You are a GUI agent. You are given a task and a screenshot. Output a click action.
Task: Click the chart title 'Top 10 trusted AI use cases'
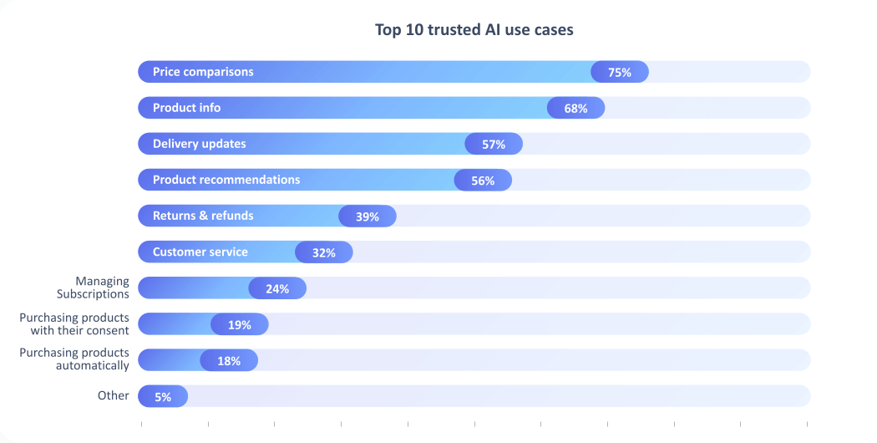[474, 30]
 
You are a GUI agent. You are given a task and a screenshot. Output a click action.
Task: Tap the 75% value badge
[620, 72]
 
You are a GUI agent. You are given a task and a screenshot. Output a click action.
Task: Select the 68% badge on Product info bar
[576, 108]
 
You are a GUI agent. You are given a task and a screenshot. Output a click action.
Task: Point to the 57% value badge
[494, 144]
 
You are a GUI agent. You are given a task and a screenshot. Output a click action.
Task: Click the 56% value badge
[483, 180]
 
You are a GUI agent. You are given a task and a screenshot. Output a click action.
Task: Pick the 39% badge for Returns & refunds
[368, 216]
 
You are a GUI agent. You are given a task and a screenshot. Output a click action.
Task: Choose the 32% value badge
[324, 252]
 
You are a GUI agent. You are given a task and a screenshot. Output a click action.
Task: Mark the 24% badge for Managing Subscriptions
[277, 288]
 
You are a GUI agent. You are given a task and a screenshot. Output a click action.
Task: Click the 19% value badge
[240, 324]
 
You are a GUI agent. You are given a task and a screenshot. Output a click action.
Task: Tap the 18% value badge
[229, 360]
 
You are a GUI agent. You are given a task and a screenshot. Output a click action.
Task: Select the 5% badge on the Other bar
[163, 396]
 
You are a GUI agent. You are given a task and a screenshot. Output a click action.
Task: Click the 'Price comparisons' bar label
[203, 72]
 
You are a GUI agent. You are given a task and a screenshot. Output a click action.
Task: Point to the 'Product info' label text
[187, 108]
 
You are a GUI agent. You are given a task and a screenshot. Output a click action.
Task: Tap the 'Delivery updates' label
[200, 144]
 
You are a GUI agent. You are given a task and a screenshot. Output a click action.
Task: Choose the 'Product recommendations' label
[226, 180]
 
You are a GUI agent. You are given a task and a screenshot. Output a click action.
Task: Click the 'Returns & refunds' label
[203, 216]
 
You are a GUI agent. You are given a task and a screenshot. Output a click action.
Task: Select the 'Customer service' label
[200, 252]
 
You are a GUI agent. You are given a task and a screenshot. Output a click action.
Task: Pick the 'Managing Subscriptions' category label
[93, 288]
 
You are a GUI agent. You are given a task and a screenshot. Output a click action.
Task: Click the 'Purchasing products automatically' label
[74, 359]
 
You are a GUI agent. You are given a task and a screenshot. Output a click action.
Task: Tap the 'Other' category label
[114, 395]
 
